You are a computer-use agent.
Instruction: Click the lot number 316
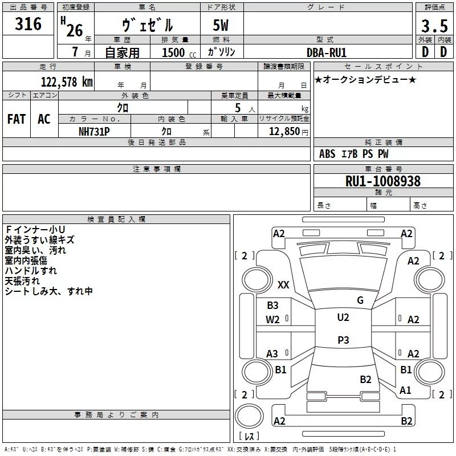28,24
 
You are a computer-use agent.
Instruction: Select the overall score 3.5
434,26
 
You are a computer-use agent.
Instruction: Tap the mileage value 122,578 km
67,82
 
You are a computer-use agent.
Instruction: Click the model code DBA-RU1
327,52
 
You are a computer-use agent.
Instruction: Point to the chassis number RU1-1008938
383,181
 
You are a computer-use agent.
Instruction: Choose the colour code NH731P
94,132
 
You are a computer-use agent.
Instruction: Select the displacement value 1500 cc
179,52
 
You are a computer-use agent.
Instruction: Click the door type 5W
221,25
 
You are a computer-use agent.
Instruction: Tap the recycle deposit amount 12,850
284,132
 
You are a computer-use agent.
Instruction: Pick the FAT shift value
17,119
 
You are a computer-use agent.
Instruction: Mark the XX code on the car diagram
283,284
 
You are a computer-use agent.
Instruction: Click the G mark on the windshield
360,300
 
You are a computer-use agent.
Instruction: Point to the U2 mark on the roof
343,317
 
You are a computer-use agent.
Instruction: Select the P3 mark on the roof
343,340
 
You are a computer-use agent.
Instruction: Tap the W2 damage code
272,320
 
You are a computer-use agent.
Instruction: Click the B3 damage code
273,306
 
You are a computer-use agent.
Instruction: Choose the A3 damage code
272,354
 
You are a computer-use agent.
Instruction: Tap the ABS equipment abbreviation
327,154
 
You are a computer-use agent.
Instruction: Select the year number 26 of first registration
75,31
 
